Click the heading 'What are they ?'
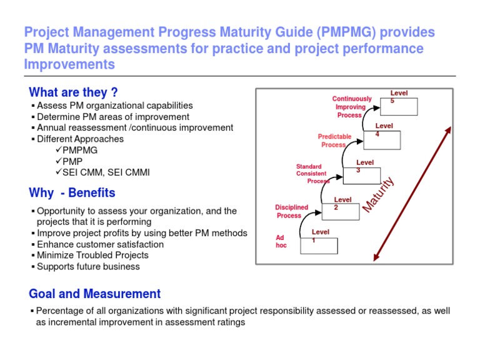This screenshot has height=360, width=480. click(73, 92)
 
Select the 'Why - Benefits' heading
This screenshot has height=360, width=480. click(72, 192)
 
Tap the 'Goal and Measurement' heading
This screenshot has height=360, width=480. click(94, 294)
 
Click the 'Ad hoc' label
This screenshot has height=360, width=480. click(281, 241)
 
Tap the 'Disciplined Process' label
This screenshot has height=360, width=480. click(291, 211)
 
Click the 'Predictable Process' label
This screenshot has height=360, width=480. click(334, 141)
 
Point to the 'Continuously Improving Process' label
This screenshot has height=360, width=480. click(351, 107)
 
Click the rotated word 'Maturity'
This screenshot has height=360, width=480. click(379, 194)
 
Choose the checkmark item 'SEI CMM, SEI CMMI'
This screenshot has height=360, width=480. click(106, 172)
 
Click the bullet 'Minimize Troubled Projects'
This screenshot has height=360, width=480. click(92, 255)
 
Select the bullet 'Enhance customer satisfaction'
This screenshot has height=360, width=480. click(100, 244)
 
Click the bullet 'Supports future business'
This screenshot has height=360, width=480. click(88, 266)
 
